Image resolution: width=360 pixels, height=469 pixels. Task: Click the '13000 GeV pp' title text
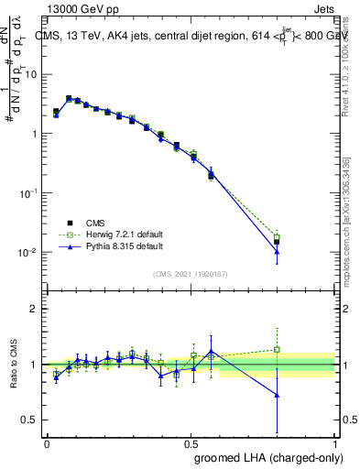coord(83,8)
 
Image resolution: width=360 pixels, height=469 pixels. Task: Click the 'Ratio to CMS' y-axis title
coord(12,365)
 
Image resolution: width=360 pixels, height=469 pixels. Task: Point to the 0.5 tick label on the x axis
coord(191,443)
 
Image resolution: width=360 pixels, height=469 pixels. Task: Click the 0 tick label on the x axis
coord(47,443)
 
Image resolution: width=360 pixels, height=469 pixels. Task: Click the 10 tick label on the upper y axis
coord(32,74)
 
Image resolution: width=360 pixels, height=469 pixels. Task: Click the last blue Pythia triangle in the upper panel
coord(277,252)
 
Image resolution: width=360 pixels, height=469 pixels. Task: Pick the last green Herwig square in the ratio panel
coord(277,349)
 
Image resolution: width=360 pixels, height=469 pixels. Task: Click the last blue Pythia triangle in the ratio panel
coord(277,395)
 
